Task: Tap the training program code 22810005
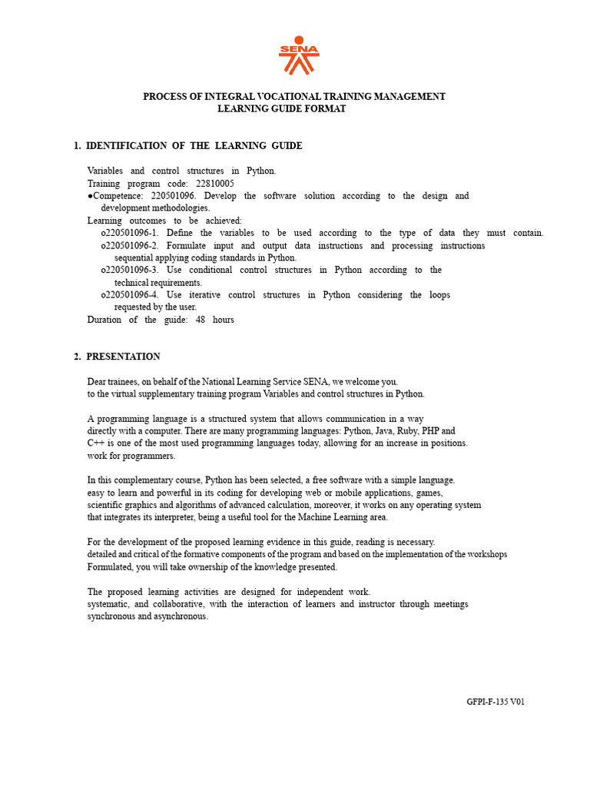[x=215, y=184]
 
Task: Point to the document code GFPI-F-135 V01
[x=496, y=702]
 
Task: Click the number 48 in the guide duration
[x=194, y=320]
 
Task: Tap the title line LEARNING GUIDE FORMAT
[x=282, y=109]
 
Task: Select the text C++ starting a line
[x=96, y=443]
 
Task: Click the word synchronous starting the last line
[x=112, y=616]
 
